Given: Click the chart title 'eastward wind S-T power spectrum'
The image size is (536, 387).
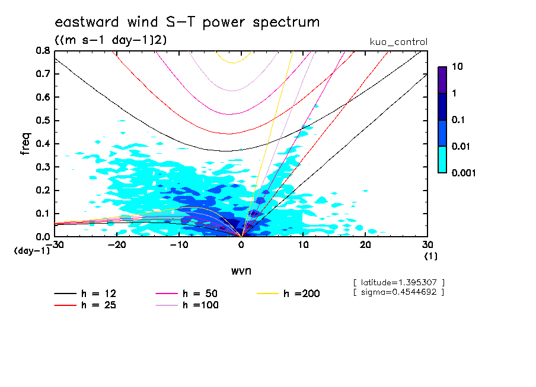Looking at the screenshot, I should click(187, 22).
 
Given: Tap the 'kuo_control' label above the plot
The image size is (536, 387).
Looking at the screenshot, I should click(398, 42).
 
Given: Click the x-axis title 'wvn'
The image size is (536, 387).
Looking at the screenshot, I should click(240, 271).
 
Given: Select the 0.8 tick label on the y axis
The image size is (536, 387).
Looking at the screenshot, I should click(42, 51).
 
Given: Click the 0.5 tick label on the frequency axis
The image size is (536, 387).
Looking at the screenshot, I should click(42, 121).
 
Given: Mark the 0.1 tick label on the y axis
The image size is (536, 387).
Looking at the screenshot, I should click(42, 214).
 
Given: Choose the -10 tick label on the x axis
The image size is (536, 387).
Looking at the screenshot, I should click(178, 244).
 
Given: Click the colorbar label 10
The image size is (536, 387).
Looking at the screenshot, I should click(457, 67).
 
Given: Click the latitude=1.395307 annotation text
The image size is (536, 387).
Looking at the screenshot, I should click(398, 282).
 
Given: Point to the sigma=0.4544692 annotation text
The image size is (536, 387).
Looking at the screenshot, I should click(398, 292).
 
